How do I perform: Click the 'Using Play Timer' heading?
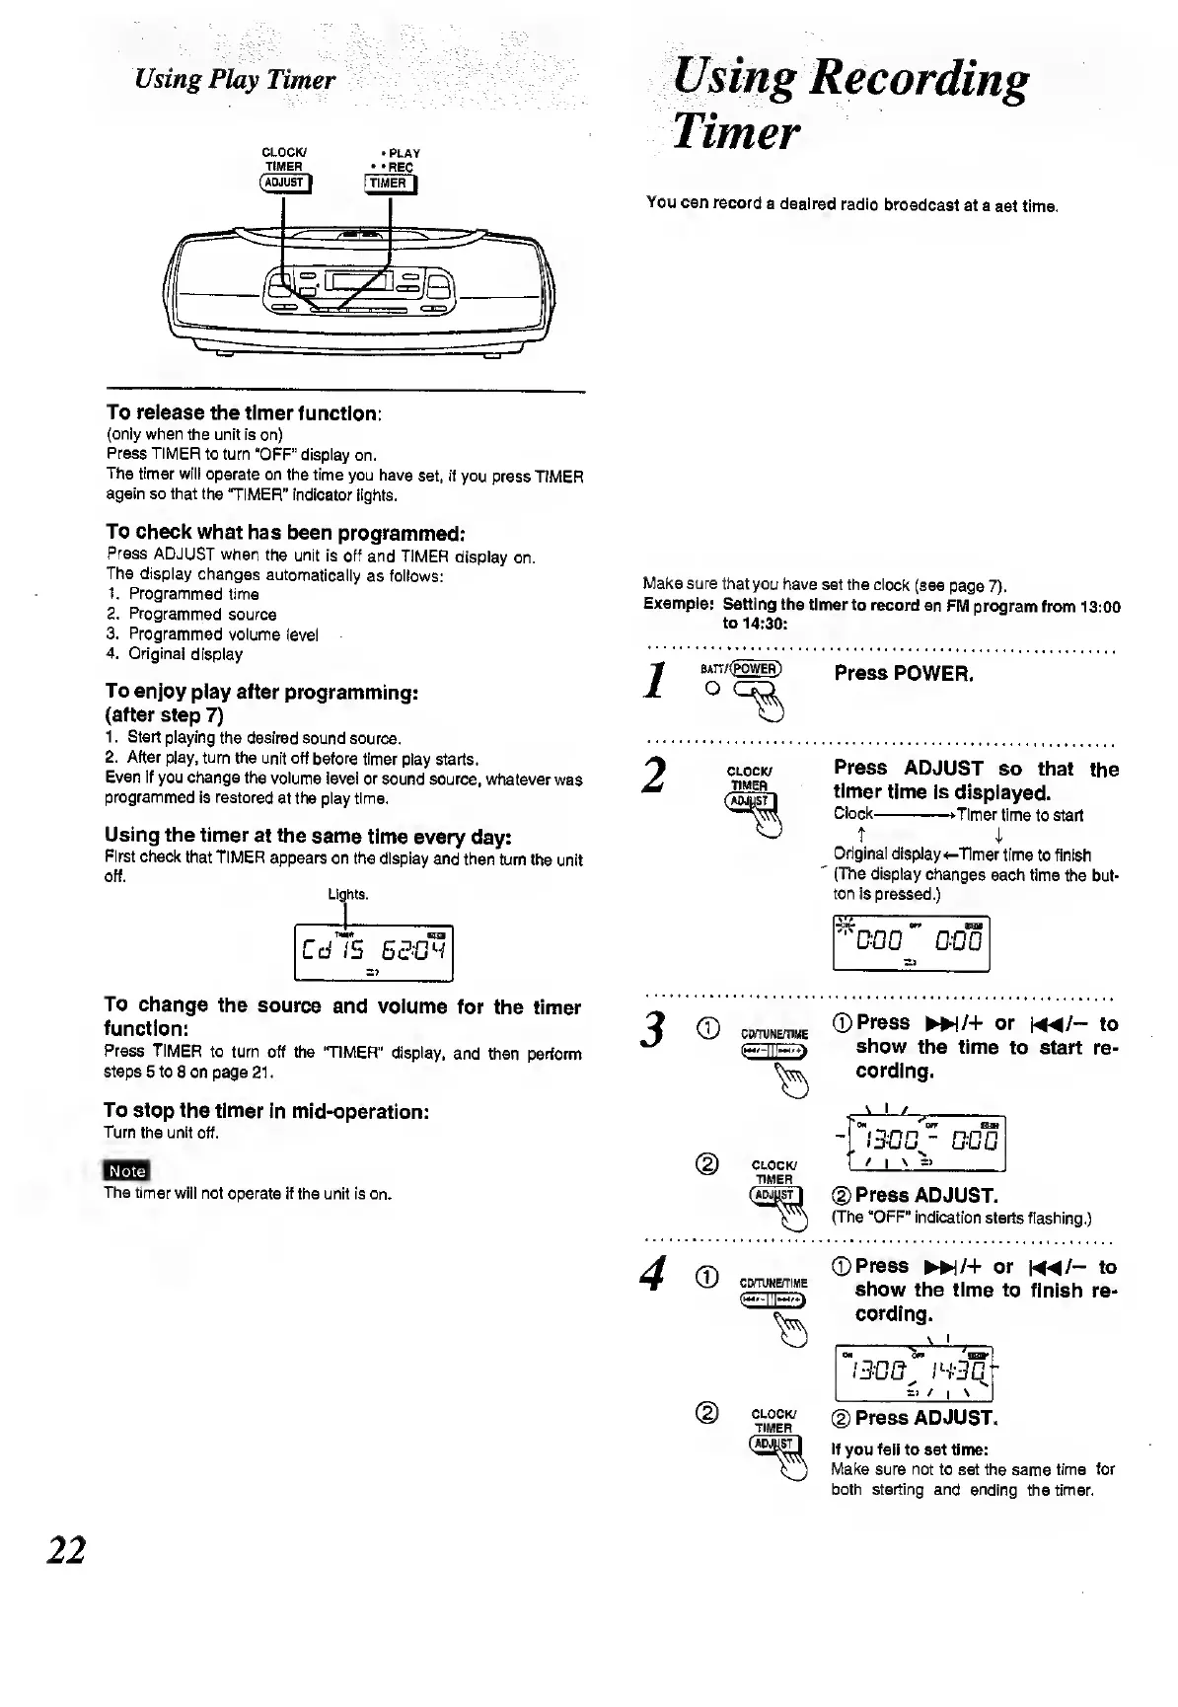click(x=235, y=79)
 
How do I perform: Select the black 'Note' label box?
click(x=126, y=1171)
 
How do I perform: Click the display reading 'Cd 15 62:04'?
click(x=374, y=952)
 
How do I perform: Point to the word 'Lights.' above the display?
click(x=348, y=894)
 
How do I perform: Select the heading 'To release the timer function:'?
click(x=244, y=412)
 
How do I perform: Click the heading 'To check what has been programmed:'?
click(x=284, y=534)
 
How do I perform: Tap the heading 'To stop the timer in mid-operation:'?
click(x=265, y=1111)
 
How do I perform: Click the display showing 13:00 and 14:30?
click(x=912, y=1372)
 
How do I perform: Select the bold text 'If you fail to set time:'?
click(x=895, y=1449)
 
